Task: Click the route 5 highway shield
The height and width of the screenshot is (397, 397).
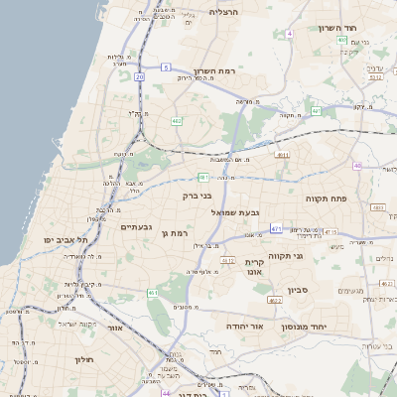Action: (166, 66)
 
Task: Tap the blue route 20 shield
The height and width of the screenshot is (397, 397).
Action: (140, 75)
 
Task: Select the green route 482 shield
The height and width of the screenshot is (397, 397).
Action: (176, 121)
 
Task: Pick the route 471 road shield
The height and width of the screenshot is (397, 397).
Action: (276, 228)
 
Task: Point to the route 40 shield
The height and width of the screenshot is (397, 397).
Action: (357, 165)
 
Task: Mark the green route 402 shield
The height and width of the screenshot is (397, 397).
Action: (340, 40)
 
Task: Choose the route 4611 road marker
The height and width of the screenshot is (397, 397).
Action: (282, 155)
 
